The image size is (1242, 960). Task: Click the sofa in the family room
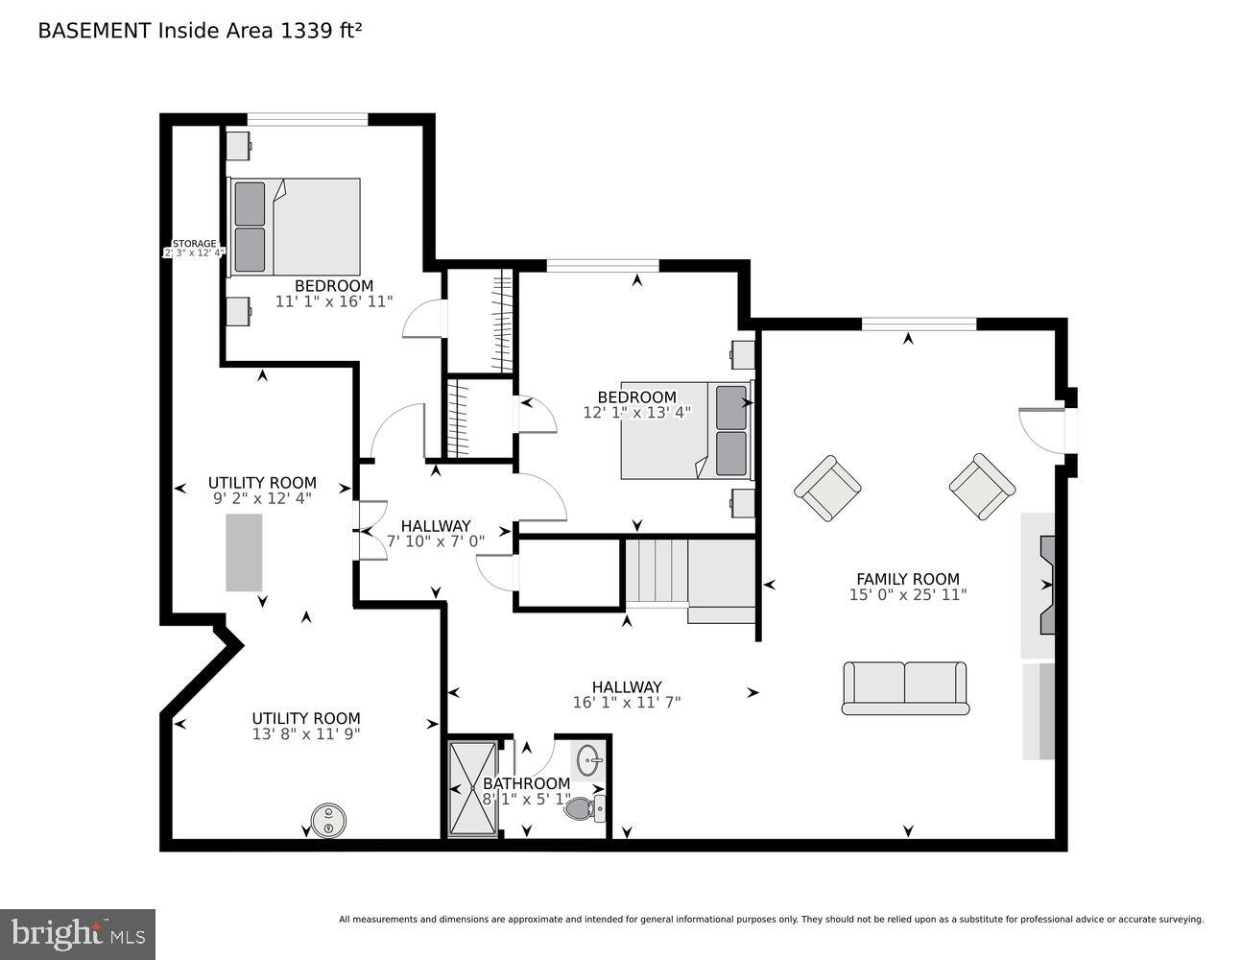pyautogui.click(x=904, y=687)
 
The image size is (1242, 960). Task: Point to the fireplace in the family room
pyautogui.click(x=1045, y=586)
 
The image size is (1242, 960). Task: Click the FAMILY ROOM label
pyautogui.click(x=907, y=579)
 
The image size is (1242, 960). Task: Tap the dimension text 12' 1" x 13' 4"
pyautogui.click(x=636, y=413)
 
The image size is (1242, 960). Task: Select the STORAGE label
pyautogui.click(x=194, y=244)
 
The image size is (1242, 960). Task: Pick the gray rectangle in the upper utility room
pyautogui.click(x=244, y=553)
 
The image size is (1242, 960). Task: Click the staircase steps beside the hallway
pyautogui.click(x=657, y=572)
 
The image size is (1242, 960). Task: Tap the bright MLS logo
pyautogui.click(x=78, y=933)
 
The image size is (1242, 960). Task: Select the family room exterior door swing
pyautogui.click(x=1040, y=430)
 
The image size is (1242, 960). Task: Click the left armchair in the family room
pyautogui.click(x=827, y=489)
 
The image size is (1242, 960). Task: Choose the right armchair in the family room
pyautogui.click(x=981, y=487)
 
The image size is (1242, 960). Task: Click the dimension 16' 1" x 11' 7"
pyautogui.click(x=626, y=703)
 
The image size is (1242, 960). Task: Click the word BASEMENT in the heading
pyautogui.click(x=93, y=31)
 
